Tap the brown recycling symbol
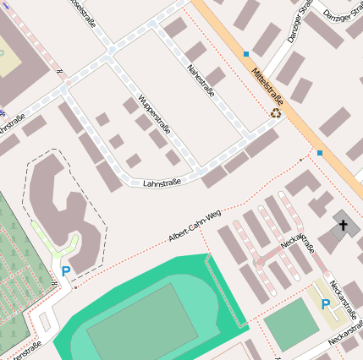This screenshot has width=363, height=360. tap(276, 112)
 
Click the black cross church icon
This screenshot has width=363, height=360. tap(343, 225)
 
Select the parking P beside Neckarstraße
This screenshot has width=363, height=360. tap(326, 303)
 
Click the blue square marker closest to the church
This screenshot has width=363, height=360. tap(320, 153)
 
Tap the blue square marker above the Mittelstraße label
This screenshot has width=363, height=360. tap(246, 54)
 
